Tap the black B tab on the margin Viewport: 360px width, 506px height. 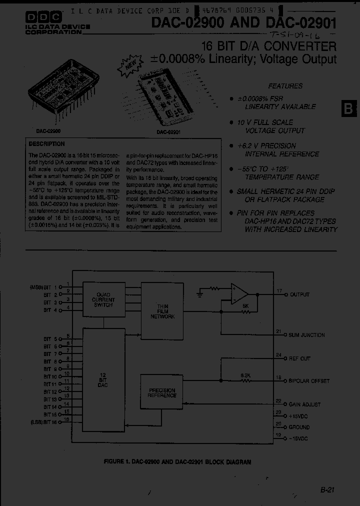tap(348, 108)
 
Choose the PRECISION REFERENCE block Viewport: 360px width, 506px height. tap(161, 392)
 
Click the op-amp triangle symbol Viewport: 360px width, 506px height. tap(239, 294)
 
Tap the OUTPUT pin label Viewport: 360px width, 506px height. tap(299, 295)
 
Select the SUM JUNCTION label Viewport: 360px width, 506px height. tap(307, 335)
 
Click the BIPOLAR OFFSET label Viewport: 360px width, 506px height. tap(309, 381)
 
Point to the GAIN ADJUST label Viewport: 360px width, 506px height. tap(304, 404)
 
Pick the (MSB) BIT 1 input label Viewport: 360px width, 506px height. tap(44, 287)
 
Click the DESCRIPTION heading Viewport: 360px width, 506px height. tap(47, 144)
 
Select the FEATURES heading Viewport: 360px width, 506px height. tap(285, 86)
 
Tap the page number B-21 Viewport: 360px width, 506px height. tap(326, 490)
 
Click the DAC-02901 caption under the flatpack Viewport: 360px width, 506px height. tap(168, 132)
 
